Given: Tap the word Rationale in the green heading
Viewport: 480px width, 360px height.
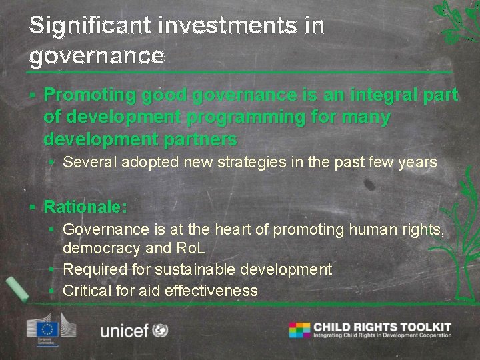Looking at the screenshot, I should [84, 207].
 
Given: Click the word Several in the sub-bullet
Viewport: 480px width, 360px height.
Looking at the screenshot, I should [88, 162].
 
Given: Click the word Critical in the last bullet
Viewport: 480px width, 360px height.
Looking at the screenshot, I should [86, 290].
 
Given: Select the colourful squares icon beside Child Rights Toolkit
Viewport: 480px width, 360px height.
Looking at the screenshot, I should [299, 329].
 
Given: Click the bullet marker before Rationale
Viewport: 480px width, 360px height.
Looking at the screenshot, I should [34, 207].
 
